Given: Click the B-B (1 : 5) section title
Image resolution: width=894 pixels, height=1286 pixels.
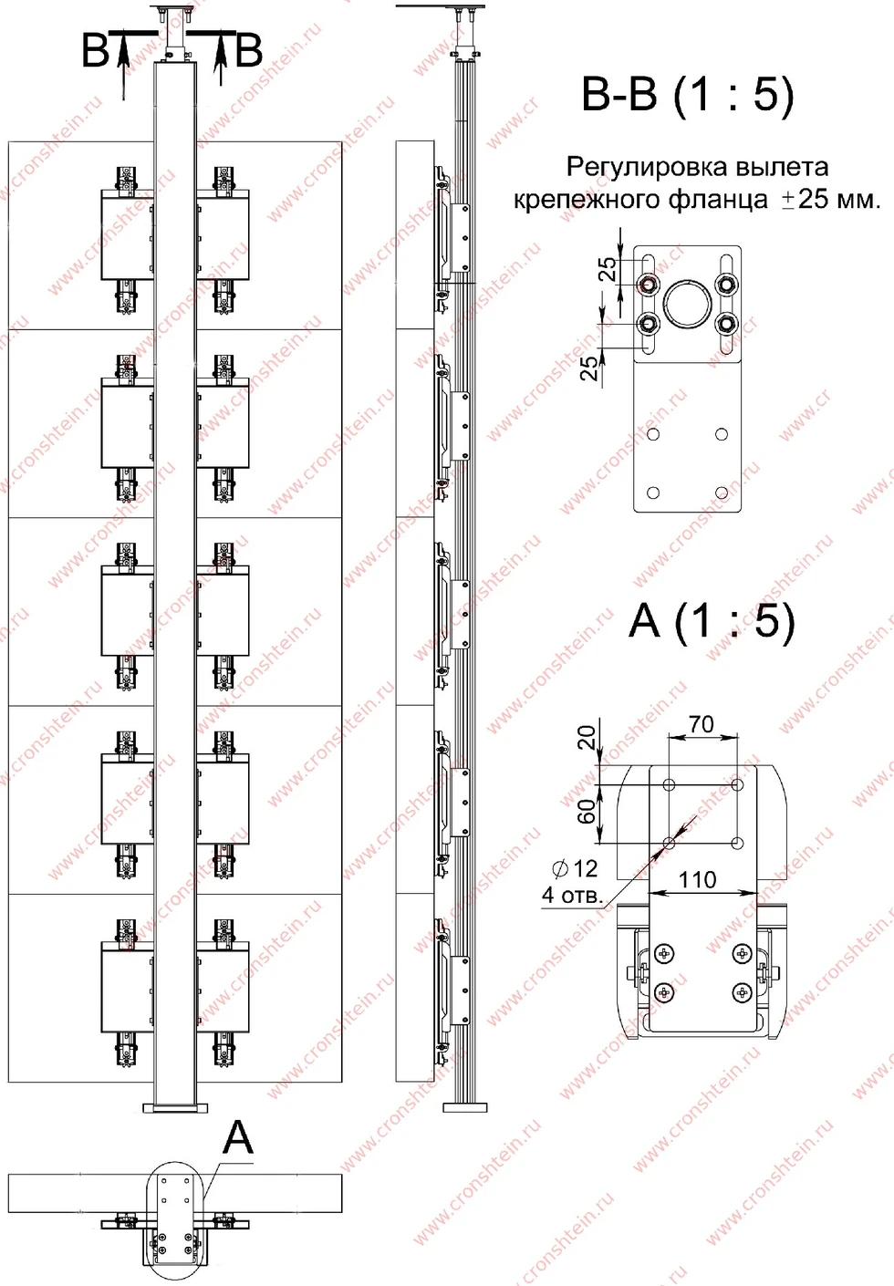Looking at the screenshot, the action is (x=687, y=95).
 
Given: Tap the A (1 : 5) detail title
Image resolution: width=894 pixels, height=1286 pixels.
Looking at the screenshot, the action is (x=712, y=622).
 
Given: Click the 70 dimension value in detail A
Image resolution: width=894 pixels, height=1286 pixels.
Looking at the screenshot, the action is (x=702, y=724).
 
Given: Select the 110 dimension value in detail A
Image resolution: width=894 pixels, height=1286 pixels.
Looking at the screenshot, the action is (x=697, y=879).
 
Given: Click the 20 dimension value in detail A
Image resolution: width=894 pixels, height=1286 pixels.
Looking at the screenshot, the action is (x=586, y=738).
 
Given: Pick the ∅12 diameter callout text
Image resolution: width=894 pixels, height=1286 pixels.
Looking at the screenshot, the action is (x=576, y=868).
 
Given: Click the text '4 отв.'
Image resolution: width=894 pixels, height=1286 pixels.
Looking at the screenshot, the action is (x=573, y=896).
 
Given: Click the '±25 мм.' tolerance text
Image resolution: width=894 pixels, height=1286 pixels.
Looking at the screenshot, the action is (x=831, y=199).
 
